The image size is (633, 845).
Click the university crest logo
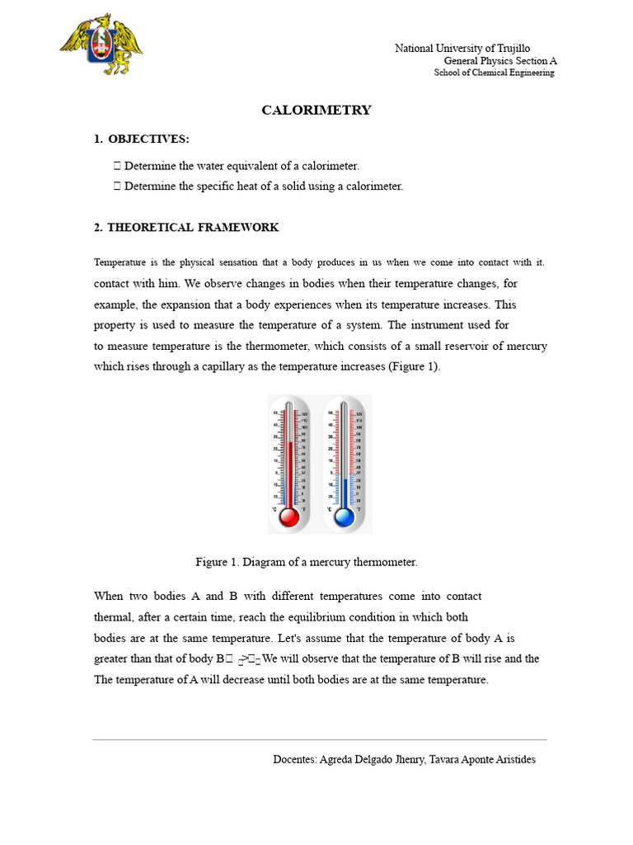101,45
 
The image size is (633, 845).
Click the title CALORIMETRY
316,110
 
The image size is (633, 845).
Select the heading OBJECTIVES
148,139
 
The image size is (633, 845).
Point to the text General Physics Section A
500,61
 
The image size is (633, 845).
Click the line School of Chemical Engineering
494,73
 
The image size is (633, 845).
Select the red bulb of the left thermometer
289,517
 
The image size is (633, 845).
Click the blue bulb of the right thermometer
344,517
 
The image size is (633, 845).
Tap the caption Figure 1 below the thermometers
306,562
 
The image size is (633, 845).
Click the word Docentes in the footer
293,759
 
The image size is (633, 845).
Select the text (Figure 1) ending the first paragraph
414,366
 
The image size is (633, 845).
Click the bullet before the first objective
117,166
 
